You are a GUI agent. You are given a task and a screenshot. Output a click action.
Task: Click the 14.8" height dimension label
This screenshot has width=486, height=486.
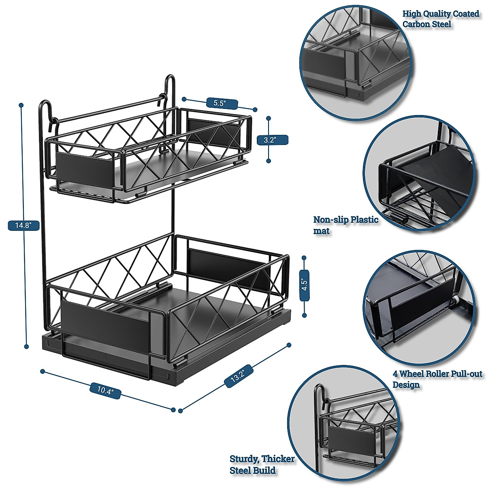tap(23, 226)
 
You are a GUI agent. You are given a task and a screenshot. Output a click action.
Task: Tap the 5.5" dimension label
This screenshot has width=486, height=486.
tap(219, 103)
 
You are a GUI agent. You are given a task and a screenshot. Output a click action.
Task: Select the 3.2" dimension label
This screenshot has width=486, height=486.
tap(269, 140)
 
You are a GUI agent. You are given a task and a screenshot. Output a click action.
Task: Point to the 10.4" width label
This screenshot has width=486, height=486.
tap(105, 390)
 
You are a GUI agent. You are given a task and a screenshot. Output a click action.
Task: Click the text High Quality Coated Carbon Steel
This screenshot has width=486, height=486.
tap(440, 19)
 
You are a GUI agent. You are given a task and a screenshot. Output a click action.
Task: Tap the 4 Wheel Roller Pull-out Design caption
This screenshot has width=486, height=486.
tap(437, 379)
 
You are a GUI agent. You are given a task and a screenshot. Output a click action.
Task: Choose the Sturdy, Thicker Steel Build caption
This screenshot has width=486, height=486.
tap(262, 465)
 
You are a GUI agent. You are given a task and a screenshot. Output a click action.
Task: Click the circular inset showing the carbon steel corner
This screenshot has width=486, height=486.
tap(355, 60)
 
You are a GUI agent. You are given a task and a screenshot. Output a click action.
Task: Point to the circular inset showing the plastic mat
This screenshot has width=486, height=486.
tap(423, 174)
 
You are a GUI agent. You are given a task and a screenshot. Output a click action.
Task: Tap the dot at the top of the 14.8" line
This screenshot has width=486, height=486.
tap(21, 105)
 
